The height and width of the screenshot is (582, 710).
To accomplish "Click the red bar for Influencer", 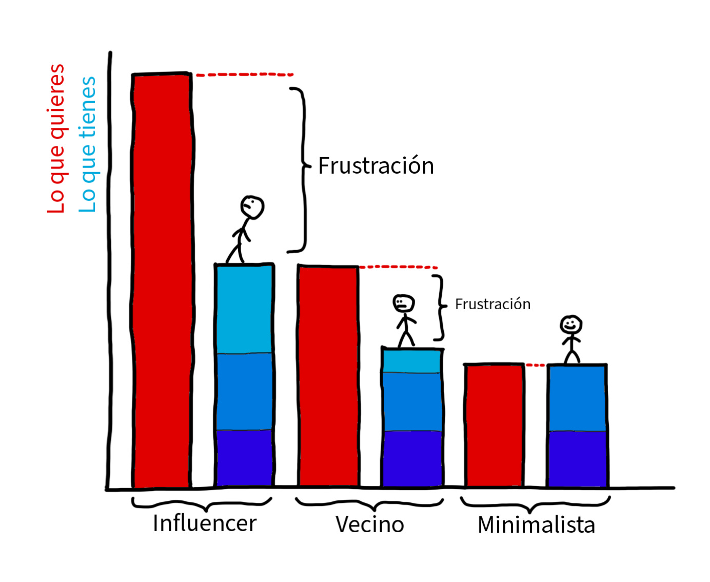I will tap(162, 280).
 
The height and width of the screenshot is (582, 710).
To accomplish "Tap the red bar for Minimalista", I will tap(494, 425).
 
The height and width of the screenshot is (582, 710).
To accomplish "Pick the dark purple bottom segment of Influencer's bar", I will tap(244, 457).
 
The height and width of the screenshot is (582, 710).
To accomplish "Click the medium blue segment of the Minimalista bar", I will tap(577, 398).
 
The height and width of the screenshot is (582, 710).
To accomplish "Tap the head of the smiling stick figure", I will tap(571, 325).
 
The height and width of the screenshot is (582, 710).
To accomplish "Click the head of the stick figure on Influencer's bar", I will tap(252, 207).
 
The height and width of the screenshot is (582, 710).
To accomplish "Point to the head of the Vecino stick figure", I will tap(404, 303).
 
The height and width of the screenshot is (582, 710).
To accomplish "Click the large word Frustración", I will tap(376, 166).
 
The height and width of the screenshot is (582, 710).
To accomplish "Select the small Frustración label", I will tap(492, 304).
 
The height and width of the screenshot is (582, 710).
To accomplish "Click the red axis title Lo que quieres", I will tap(56, 139).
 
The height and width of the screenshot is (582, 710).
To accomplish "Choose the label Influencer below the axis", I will tap(205, 523).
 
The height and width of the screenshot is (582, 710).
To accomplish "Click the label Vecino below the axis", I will tap(370, 524).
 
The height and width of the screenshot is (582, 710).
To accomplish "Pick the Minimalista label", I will tap(536, 525).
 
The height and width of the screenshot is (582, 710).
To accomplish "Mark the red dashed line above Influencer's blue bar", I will tap(245, 75).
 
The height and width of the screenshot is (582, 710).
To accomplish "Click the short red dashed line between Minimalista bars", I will tap(536, 365).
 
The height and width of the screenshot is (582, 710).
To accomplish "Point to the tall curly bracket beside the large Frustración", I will tap(303, 170).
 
